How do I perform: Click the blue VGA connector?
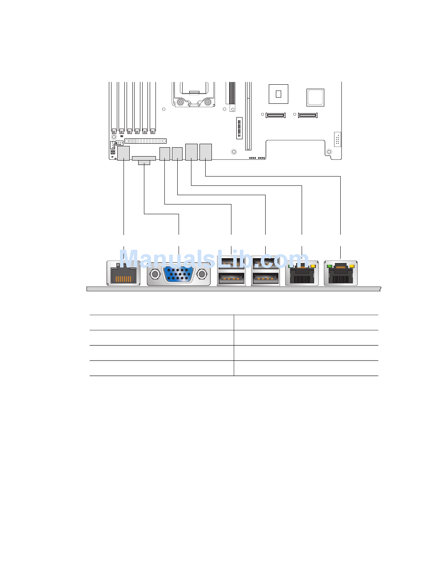point(179,274)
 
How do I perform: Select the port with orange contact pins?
point(123,273)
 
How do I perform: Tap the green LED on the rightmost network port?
point(330,266)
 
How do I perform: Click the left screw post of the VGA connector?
point(155,275)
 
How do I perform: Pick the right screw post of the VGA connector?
point(203,275)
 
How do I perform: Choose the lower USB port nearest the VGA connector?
point(231,279)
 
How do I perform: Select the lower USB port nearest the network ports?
point(265,279)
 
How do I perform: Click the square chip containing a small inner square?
point(279,94)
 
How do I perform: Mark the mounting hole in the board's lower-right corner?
point(329,152)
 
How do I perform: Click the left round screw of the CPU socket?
point(180,102)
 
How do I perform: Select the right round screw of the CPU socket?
point(207,102)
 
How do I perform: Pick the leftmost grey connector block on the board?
point(123,153)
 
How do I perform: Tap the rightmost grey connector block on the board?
point(206,152)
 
